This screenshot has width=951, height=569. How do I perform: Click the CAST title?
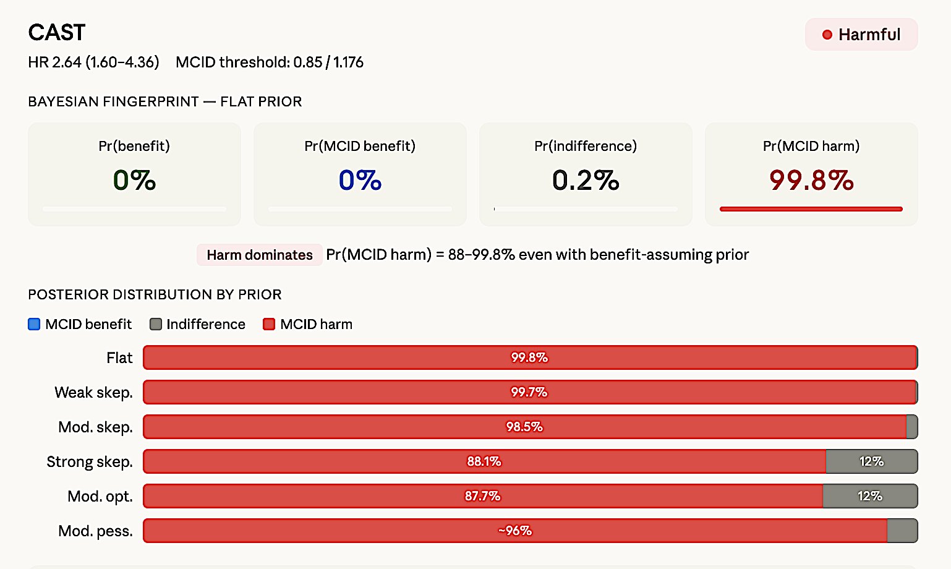click(x=57, y=33)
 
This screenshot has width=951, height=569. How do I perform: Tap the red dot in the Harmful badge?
click(x=827, y=35)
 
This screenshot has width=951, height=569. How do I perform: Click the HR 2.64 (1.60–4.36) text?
click(x=93, y=62)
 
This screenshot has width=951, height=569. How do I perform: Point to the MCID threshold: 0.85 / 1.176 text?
click(x=270, y=62)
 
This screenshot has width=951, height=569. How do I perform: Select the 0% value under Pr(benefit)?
click(x=134, y=180)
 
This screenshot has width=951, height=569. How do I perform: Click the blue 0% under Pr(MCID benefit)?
click(x=360, y=180)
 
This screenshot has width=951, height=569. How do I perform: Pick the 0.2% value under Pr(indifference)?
click(x=586, y=180)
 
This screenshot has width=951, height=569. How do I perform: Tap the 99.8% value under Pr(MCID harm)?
click(x=811, y=180)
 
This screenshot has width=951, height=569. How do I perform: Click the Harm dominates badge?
click(x=260, y=255)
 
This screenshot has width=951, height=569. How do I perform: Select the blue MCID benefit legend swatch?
click(x=34, y=324)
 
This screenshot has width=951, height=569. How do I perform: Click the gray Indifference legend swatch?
click(x=156, y=324)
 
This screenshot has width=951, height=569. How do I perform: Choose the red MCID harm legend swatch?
click(x=269, y=324)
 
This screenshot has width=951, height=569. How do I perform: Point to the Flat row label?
click(x=119, y=358)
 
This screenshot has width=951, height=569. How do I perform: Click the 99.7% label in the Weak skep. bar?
click(x=529, y=392)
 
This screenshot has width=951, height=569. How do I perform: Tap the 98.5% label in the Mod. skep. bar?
click(x=524, y=427)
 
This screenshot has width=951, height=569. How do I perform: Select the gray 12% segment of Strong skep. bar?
click(x=871, y=461)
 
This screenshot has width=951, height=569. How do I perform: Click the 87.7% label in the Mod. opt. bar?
click(x=483, y=496)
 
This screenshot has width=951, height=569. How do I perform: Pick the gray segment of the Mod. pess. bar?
click(x=902, y=531)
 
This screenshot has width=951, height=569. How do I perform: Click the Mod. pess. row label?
click(x=95, y=531)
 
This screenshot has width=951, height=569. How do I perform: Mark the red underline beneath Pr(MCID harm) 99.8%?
click(x=811, y=209)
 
